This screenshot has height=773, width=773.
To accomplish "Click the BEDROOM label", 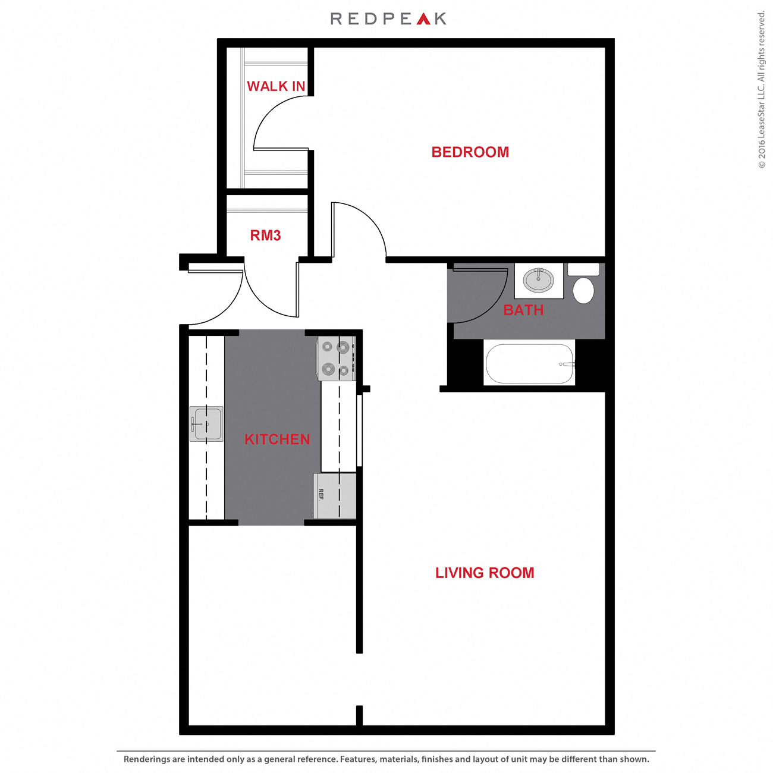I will (470, 152).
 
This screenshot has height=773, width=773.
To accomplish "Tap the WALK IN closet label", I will (276, 87).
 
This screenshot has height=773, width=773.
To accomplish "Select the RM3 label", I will (265, 235).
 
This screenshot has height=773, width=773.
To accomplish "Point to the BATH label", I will (523, 310).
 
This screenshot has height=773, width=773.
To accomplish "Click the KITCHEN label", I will (277, 439).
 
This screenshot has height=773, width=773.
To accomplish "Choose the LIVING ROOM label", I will (485, 573).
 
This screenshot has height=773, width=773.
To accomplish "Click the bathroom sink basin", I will (539, 280).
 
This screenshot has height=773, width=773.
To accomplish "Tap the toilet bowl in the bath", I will (583, 290).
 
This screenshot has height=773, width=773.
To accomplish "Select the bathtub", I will (530, 363).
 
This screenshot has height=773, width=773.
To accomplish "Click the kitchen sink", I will (206, 424).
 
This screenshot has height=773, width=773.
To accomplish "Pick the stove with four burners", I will (335, 359).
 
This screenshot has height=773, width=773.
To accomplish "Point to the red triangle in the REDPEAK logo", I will (423, 19).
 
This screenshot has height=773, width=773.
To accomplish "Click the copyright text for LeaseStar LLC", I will (762, 89).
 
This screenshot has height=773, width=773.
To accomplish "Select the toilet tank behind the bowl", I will (583, 269).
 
